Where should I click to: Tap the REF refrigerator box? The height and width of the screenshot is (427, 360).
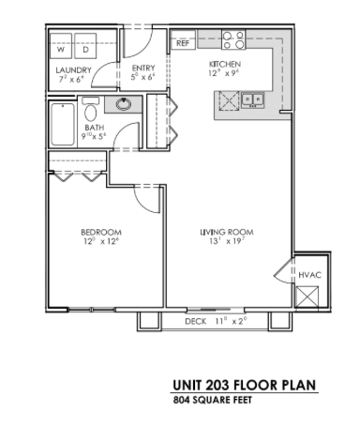tap(181, 43)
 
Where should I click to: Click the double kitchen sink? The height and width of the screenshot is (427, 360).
tap(251, 99)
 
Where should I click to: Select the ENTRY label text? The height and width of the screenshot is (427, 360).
tap(143, 68)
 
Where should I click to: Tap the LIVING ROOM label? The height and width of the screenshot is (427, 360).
tap(227, 232)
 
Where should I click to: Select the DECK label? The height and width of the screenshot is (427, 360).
tap(194, 321)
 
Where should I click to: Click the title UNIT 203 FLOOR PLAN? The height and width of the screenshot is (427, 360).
tap(244, 385)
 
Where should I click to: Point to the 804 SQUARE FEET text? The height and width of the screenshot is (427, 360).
tap(213, 399)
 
